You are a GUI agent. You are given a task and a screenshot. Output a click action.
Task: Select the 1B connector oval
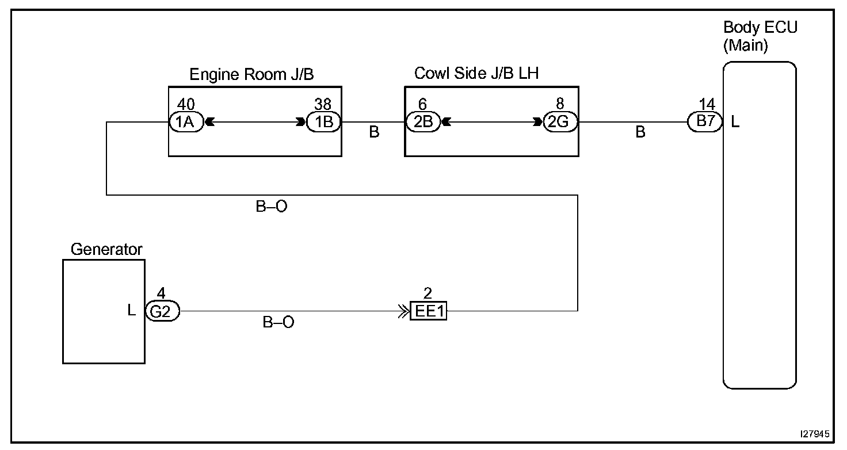tap(324, 122)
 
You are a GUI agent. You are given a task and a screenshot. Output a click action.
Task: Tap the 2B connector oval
tap(423, 122)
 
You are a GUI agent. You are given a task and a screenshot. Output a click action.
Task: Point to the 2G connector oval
tap(560, 122)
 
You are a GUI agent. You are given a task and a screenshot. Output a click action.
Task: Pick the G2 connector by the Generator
tap(162, 311)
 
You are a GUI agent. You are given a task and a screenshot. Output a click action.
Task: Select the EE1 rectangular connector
tap(429, 312)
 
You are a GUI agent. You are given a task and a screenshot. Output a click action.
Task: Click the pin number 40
tap(186, 105)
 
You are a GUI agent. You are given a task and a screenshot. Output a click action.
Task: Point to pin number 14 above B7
tap(707, 105)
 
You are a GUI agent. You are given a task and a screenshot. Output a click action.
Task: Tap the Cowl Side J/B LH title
tap(476, 74)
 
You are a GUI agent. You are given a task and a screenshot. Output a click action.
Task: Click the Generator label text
tap(106, 249)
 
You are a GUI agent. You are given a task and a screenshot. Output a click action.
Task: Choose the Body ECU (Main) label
tap(760, 36)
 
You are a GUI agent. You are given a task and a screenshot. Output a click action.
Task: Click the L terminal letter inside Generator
tap(131, 311)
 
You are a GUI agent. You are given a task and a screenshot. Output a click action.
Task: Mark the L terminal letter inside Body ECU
tap(735, 122)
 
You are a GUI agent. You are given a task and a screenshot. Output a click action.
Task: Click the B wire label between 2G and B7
tap(640, 132)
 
